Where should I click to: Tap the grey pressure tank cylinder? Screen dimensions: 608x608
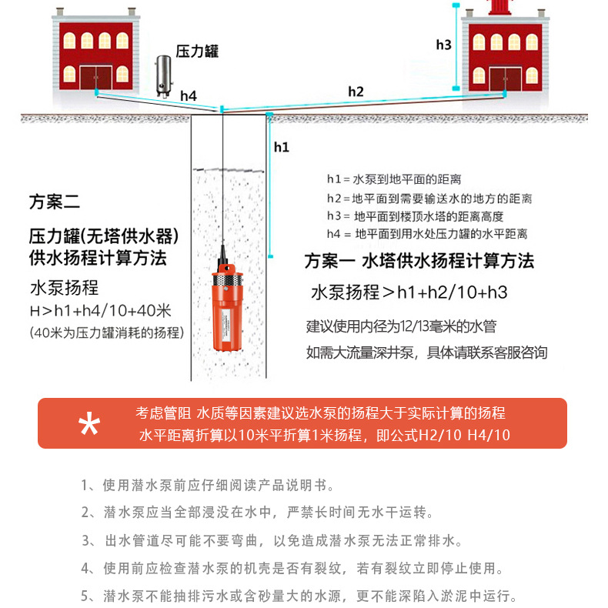164,75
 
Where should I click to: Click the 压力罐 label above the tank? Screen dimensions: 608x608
197,52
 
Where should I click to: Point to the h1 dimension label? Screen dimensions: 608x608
281,146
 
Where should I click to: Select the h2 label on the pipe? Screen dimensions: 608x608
356,91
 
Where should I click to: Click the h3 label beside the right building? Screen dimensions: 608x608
443,45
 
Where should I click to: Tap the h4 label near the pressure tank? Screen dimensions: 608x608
189,95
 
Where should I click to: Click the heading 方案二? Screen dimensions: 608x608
54,202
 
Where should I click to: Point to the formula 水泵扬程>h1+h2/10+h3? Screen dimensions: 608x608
409,292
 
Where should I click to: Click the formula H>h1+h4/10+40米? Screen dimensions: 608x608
99,312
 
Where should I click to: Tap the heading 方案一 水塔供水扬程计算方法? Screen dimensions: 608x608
419,261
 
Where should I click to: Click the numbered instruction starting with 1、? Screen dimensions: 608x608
208,486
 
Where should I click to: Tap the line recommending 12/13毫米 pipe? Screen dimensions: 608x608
401,326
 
